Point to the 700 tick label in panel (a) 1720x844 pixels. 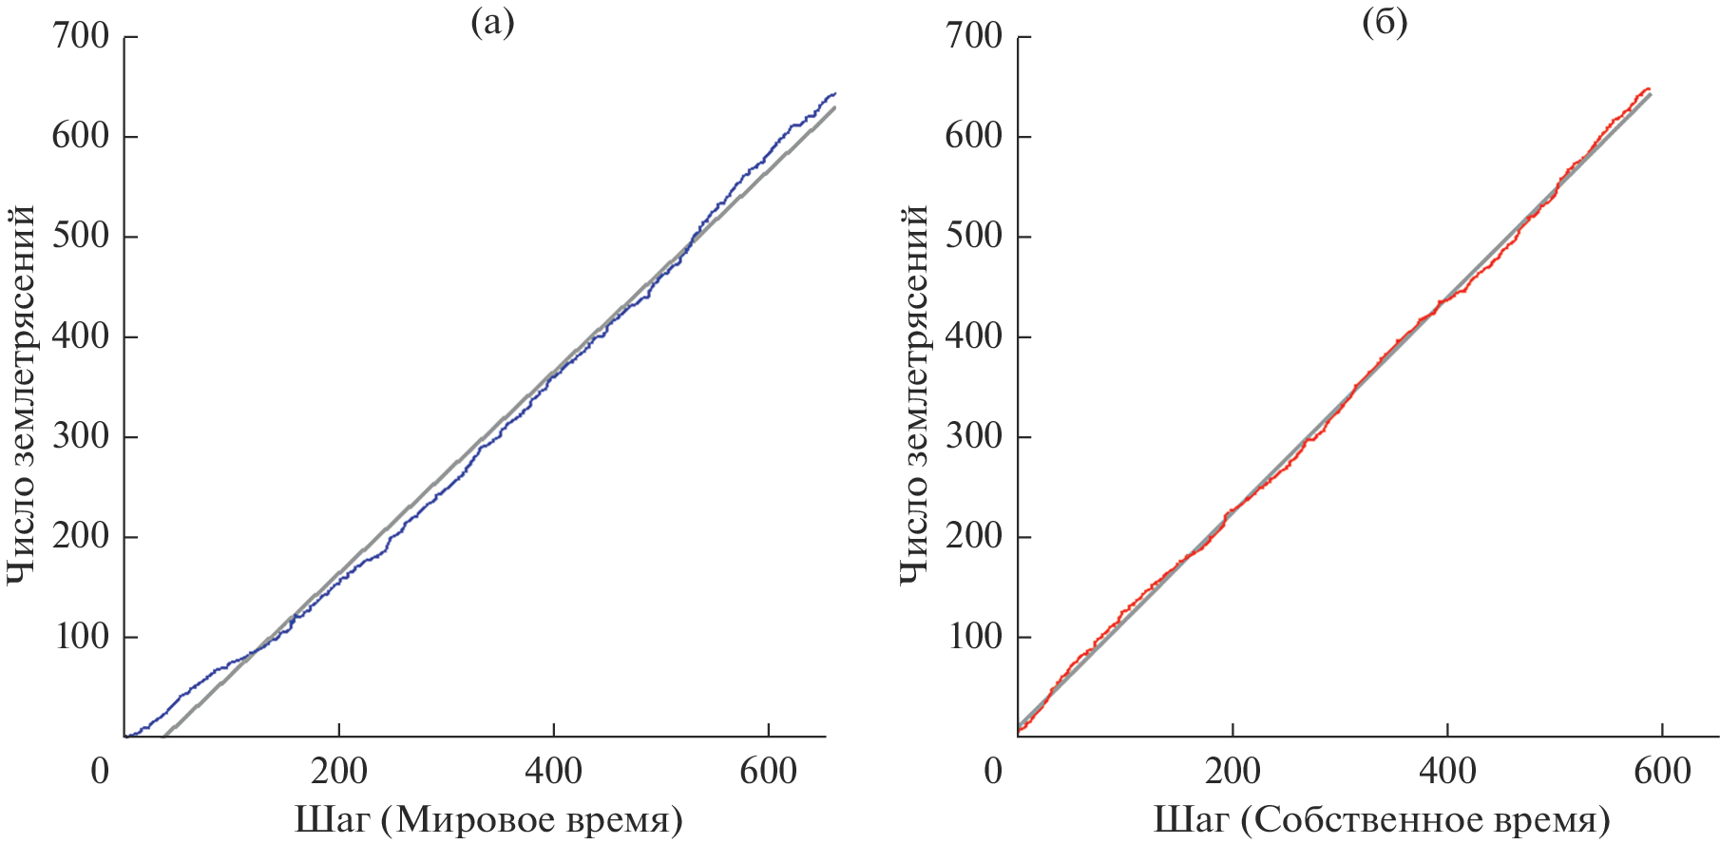pos(81,36)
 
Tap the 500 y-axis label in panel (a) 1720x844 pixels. pos(81,236)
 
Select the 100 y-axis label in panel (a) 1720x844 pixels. pos(81,636)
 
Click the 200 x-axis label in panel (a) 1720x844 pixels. pos(339,771)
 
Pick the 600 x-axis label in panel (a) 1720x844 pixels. pos(768,771)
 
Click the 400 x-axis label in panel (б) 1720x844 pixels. pos(1447,771)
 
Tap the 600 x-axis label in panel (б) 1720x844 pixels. pos(1662,771)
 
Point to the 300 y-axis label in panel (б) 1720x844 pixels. pos(974,436)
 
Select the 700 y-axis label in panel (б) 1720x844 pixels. pos(974,36)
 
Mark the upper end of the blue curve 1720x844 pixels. pos(835,93)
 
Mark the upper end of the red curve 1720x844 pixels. pos(1648,88)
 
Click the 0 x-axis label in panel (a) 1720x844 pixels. pos(101,771)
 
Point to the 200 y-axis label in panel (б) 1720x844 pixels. pos(974,536)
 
